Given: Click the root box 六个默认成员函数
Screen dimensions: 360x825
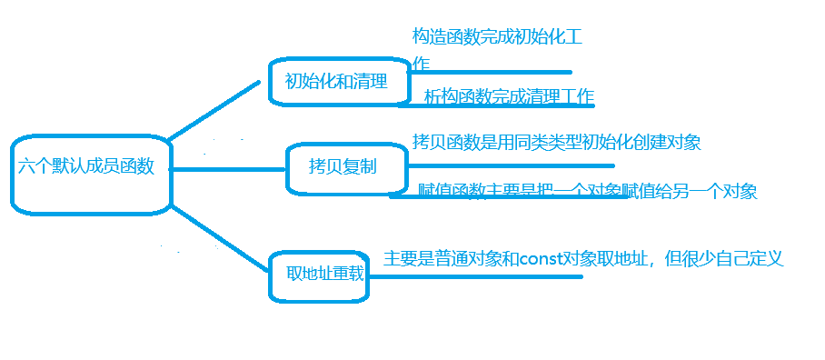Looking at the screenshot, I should (91, 174).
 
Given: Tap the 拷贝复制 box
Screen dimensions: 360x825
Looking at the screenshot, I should (343, 167).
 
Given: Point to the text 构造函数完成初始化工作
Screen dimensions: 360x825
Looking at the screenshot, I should (496, 38).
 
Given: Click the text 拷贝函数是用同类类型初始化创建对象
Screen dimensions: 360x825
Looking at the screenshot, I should (556, 142).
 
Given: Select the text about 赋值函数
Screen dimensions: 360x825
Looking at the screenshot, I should (587, 192).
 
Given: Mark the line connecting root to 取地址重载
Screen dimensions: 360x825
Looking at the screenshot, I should (220, 237).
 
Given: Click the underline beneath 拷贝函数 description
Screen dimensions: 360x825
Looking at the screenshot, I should (509, 166).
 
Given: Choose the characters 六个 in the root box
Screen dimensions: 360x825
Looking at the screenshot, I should (35, 167).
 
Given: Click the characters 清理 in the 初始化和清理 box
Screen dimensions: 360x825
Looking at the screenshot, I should (371, 82).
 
